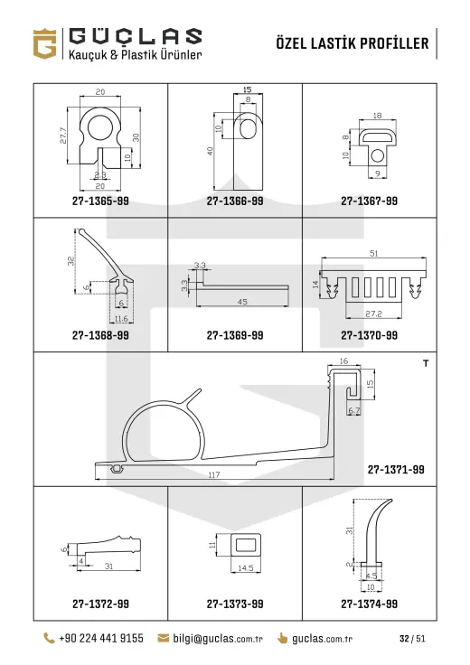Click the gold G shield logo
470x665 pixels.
44,43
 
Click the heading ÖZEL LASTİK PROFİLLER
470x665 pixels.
352,43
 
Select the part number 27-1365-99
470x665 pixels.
100,201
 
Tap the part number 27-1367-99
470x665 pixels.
370,201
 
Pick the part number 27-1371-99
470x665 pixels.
396,470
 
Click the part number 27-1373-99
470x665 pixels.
235,604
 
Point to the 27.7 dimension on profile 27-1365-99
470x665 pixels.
63,136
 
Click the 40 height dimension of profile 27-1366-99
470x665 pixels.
210,151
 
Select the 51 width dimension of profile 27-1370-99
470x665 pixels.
373,253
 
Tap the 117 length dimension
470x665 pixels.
214,475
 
